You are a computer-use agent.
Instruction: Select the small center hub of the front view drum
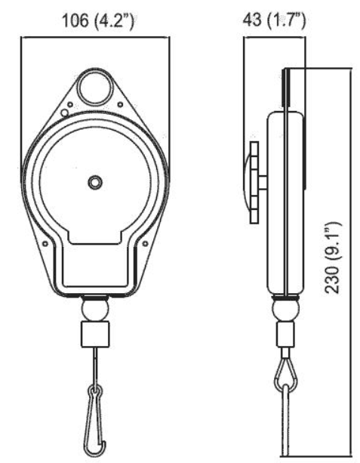[x=94, y=181]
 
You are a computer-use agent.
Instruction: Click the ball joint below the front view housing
[x=95, y=309]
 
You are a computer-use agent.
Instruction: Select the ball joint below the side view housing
[x=286, y=309]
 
